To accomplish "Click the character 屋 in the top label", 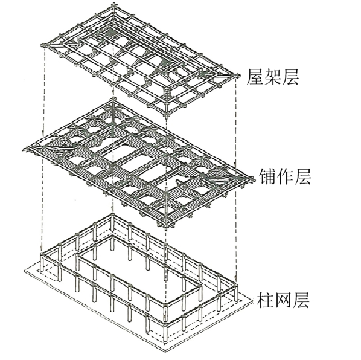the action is (255, 77).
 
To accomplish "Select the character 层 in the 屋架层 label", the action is (290, 77).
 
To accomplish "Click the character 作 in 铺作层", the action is (285, 176).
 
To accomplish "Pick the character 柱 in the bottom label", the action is (265, 300).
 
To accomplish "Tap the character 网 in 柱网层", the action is (283, 300).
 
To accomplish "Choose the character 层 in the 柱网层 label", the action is (300, 300).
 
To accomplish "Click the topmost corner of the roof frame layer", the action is (113, 5).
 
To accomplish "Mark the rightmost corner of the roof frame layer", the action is (237, 76).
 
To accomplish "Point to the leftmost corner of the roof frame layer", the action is (43, 45).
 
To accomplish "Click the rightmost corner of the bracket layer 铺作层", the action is (252, 179).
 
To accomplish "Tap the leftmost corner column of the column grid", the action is (42, 262).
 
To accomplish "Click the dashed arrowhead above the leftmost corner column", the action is (42, 251).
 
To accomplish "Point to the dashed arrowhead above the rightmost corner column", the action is (235, 278).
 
